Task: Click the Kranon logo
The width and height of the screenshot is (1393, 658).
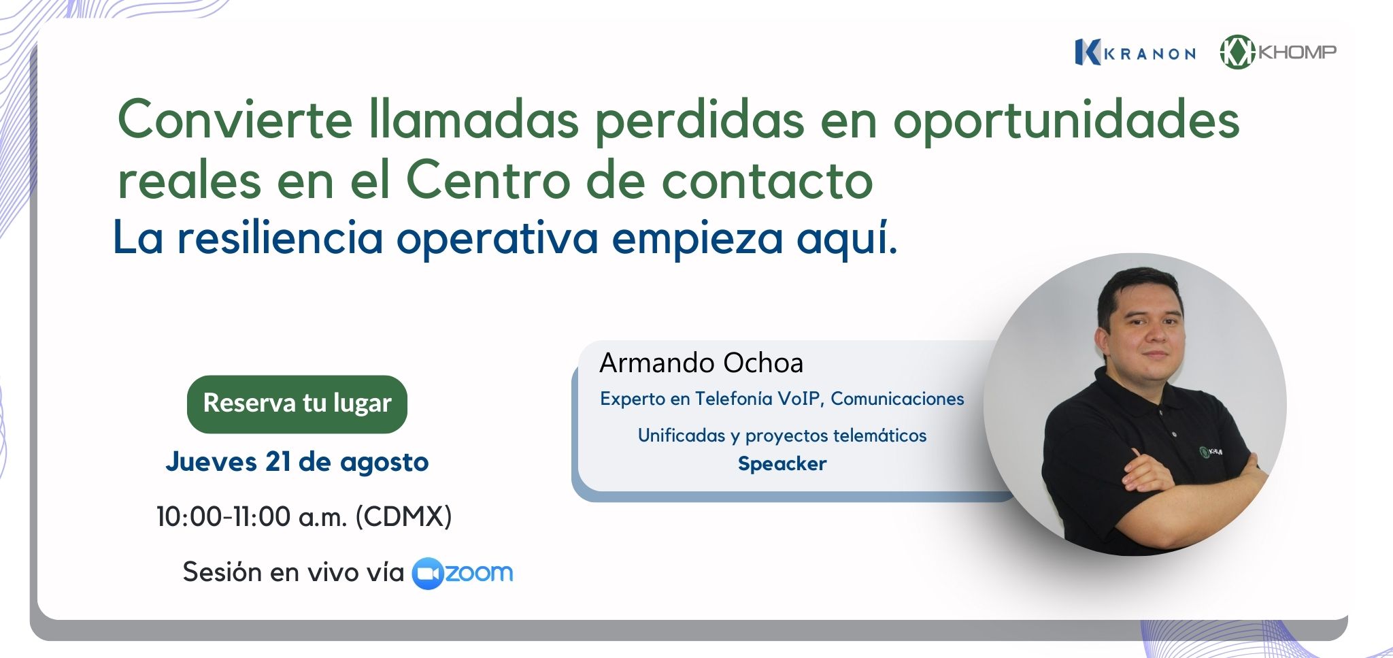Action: coord(1135,52)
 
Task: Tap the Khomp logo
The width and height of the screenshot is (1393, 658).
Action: coord(1278,52)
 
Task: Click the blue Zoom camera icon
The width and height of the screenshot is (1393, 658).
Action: coord(428,573)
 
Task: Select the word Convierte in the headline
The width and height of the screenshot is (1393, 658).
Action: coord(235,120)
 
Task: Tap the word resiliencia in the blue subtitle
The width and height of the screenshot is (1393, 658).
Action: coord(280,238)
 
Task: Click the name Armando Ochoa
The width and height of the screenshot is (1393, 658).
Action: coord(701,363)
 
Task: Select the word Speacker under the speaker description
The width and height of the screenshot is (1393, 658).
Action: coord(782,464)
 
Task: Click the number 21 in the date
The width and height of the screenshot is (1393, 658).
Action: coord(278,462)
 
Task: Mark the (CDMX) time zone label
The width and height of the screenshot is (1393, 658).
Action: coord(403,517)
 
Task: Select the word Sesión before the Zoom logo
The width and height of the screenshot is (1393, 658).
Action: coord(222,572)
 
